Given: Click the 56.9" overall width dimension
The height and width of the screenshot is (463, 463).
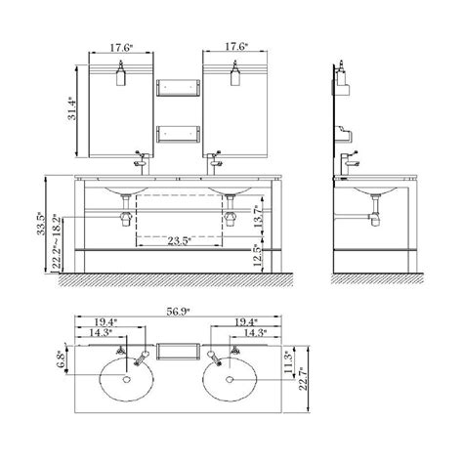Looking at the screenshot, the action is [178, 312].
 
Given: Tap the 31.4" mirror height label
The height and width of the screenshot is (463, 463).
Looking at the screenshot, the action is [72, 108].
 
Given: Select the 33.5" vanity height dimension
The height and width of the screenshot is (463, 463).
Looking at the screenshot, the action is [41, 224].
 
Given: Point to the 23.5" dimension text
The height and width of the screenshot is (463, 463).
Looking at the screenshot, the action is [179, 241].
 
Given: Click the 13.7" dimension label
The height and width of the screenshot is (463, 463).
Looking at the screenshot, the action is [258, 216].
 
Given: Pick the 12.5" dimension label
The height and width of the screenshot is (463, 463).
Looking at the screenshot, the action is [258, 256].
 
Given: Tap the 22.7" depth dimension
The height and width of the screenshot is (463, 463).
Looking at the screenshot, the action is [303, 379].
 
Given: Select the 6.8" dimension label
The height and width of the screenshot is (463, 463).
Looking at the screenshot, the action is [61, 359].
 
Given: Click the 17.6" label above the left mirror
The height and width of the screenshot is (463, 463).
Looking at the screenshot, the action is [121, 48].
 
